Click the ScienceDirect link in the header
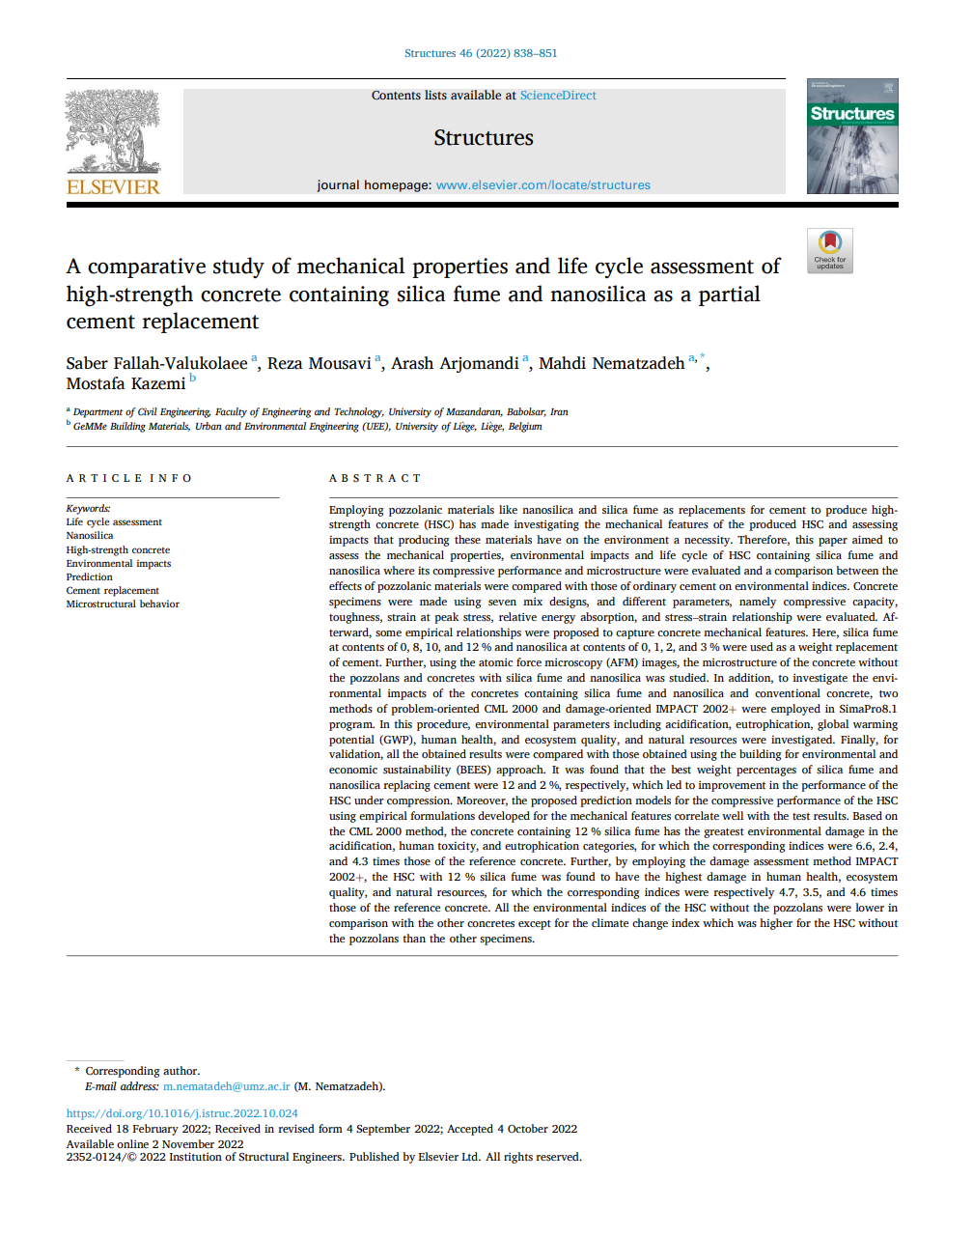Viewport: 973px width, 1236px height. point(558,96)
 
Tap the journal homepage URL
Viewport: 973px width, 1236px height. point(542,185)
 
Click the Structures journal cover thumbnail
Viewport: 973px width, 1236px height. point(852,136)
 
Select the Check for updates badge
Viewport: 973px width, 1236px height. point(830,250)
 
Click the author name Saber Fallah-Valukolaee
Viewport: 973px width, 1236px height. point(156,364)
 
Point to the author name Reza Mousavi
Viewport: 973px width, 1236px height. point(319,364)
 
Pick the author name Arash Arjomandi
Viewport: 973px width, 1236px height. point(455,364)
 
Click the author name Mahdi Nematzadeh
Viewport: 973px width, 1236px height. point(611,364)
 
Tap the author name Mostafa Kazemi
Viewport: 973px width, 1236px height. point(125,384)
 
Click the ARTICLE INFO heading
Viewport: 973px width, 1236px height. point(129,478)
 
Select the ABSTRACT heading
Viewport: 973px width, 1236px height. point(375,478)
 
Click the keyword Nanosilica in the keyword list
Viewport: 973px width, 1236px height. point(90,536)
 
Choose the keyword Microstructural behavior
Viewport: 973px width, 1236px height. point(123,604)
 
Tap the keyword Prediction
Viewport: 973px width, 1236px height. point(90,577)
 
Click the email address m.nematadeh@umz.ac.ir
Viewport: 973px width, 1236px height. point(226,1086)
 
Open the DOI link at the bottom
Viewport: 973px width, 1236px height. point(181,1113)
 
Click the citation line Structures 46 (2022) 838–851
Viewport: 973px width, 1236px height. point(481,53)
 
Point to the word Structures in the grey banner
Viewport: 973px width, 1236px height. point(484,138)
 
